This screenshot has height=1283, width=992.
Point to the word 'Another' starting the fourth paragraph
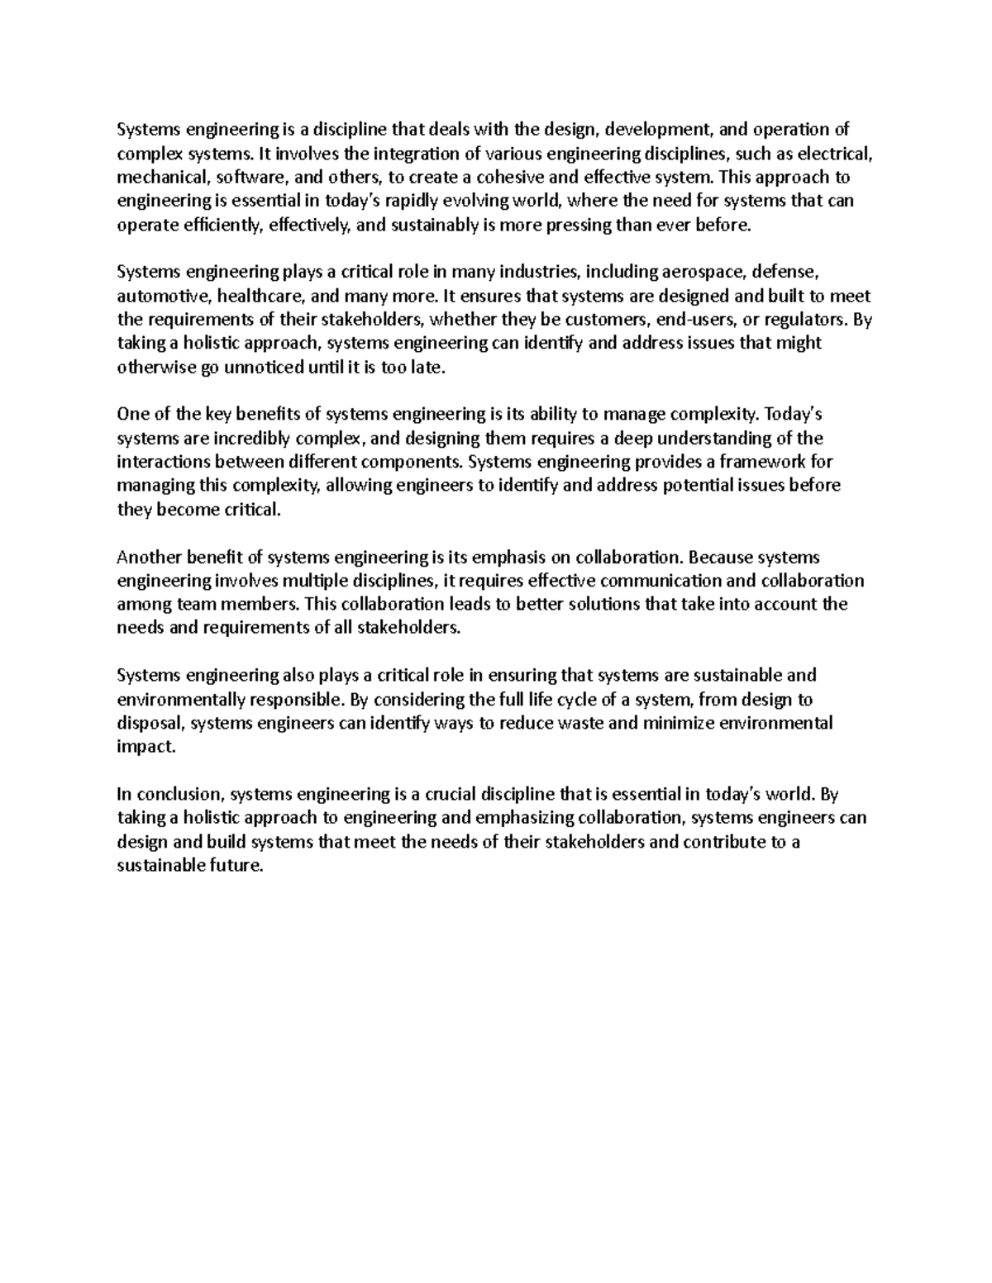pos(146,557)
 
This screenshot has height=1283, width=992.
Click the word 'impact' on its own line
pos(145,748)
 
